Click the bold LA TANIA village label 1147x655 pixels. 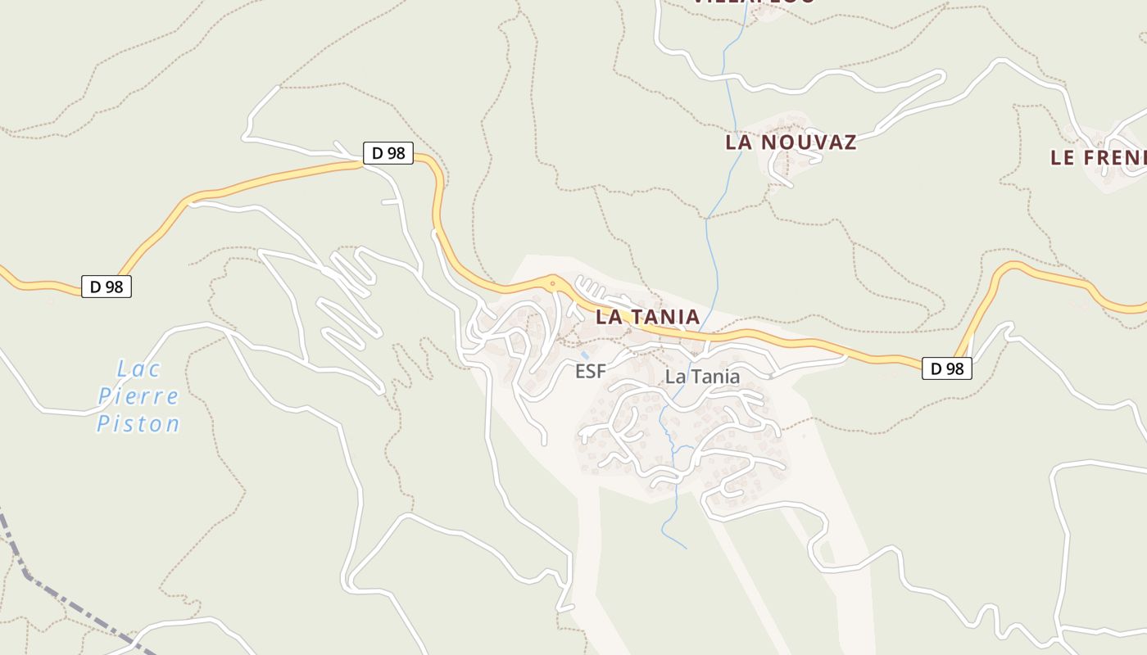[x=647, y=317]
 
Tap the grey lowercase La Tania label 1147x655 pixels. [x=702, y=377]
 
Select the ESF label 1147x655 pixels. [x=590, y=372]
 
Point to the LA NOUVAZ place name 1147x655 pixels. [x=791, y=142]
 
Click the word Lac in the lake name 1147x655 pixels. [x=138, y=369]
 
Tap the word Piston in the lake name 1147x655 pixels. [x=138, y=424]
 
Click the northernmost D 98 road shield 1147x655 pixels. [x=388, y=153]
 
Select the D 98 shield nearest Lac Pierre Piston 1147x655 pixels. [x=106, y=287]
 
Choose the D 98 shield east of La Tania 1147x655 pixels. [x=947, y=368]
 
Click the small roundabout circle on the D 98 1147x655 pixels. [x=552, y=284]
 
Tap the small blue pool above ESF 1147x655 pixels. [x=584, y=356]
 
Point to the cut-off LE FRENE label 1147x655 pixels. [x=1098, y=158]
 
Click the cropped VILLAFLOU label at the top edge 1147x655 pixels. [x=754, y=2]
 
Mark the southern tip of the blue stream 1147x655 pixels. [x=686, y=548]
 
